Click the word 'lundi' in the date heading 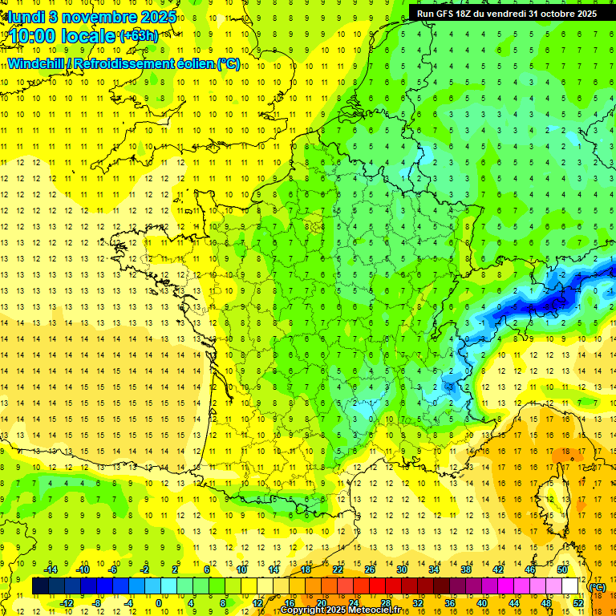tap(26, 16)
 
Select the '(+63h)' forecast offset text tap(138, 35)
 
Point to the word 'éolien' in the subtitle tap(192, 63)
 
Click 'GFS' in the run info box tap(446, 14)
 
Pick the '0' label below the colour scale tap(158, 603)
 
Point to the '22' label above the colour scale tap(338, 569)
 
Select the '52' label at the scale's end tap(578, 603)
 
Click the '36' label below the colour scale tap(450, 603)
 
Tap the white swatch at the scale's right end tap(570, 586)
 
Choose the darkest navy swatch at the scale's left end tap(40, 586)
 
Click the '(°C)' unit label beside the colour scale tap(598, 587)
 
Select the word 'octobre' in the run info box tap(547, 14)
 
